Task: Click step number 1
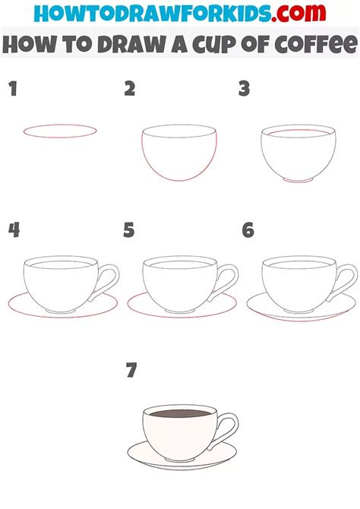tap(12, 90)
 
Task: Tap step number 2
tap(130, 90)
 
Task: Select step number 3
tap(244, 90)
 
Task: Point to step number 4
tap(13, 230)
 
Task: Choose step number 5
tap(129, 230)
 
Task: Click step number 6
tap(248, 230)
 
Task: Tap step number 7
tap(132, 371)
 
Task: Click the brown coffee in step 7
tap(180, 416)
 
